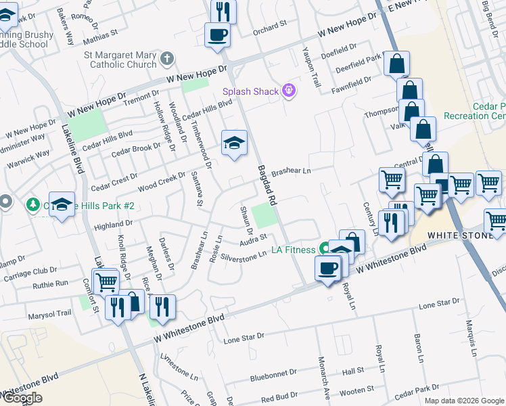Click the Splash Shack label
251,91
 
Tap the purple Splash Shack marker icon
289,90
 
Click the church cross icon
168,59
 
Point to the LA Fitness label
293,250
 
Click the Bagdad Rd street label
266,183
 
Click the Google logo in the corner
22,398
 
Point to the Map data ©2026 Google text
463,401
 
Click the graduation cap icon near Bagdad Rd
234,142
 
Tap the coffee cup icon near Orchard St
218,34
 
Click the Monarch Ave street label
323,383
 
